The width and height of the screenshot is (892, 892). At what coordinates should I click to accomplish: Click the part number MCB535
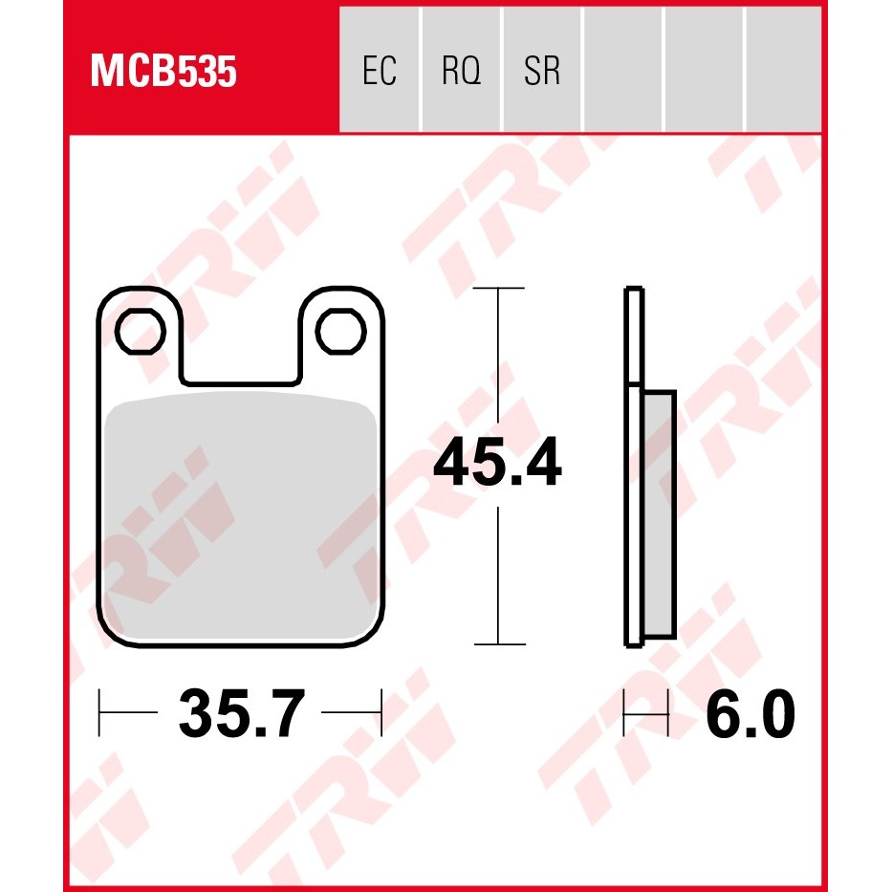click(x=163, y=72)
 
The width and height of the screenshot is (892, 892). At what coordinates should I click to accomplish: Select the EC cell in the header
click(x=380, y=70)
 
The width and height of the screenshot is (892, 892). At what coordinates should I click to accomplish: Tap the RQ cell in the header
click(x=461, y=70)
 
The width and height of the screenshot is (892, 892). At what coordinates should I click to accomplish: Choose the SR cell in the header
click(x=542, y=70)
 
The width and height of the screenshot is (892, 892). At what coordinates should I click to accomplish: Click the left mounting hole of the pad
click(x=140, y=331)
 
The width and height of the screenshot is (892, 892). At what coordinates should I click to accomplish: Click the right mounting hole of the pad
click(x=340, y=331)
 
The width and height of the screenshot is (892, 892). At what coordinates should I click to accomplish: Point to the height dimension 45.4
click(x=497, y=462)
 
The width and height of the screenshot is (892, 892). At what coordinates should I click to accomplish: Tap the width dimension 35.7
click(x=241, y=713)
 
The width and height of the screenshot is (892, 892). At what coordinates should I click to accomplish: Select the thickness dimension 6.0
click(x=750, y=713)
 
